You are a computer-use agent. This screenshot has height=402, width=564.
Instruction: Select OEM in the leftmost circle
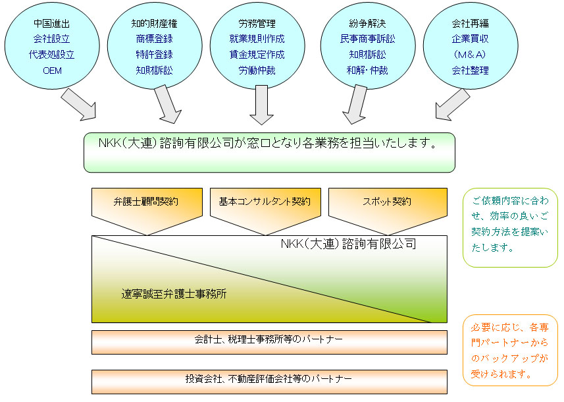[51, 70]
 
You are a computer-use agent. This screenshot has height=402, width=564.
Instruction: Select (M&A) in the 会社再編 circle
[471, 54]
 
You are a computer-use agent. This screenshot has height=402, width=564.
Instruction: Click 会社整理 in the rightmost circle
[471, 70]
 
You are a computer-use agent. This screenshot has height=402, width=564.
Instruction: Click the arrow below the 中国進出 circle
[79, 105]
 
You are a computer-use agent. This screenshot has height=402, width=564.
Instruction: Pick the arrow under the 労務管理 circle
[261, 105]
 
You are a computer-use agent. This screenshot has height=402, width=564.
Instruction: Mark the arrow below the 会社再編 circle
[453, 104]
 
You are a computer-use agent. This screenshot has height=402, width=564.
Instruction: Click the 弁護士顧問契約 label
[145, 201]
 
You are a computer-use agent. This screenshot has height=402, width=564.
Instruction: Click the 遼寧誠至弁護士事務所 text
[174, 294]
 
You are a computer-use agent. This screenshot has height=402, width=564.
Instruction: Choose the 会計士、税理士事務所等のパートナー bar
[269, 341]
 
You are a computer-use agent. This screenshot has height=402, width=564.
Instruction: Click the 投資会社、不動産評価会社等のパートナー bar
[269, 380]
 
